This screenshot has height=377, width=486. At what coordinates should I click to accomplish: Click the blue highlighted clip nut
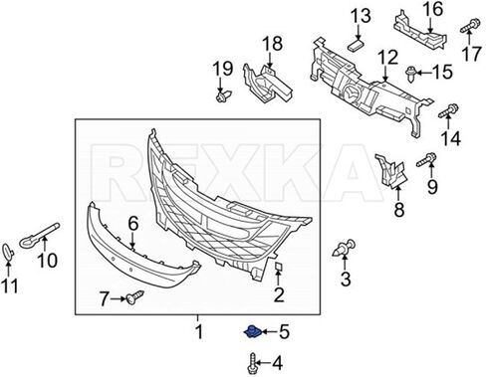(253, 332)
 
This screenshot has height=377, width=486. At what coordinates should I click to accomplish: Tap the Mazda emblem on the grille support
(352, 93)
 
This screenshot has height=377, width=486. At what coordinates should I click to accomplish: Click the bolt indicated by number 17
(470, 26)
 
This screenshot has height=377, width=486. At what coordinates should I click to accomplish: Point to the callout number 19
(223, 69)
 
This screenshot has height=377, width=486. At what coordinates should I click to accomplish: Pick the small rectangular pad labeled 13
(356, 45)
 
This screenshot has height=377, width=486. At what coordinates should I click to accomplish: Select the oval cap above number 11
(8, 252)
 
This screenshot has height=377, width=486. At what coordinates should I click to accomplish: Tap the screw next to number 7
(134, 296)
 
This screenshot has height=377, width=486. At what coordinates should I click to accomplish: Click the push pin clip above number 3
(344, 248)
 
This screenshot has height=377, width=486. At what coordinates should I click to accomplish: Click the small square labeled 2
(278, 267)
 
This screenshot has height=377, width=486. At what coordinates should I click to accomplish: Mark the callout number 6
(133, 224)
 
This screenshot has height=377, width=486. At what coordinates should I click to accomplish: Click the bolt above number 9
(426, 159)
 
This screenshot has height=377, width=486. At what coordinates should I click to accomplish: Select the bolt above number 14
(448, 110)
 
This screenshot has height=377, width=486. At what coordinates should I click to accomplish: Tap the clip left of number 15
(411, 74)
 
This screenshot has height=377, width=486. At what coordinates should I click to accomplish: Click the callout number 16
(433, 9)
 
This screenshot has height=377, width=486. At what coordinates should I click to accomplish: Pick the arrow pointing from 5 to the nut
(270, 331)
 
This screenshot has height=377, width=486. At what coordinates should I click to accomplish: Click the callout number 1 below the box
(199, 331)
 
